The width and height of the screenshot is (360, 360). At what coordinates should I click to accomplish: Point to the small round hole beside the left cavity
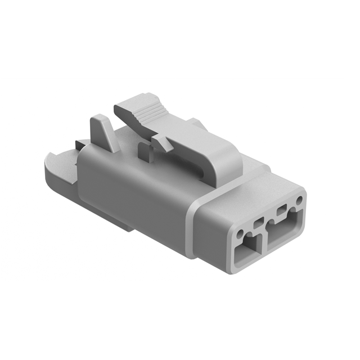[241, 233]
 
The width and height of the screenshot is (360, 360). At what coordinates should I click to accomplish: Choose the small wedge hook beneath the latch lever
[163, 143]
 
